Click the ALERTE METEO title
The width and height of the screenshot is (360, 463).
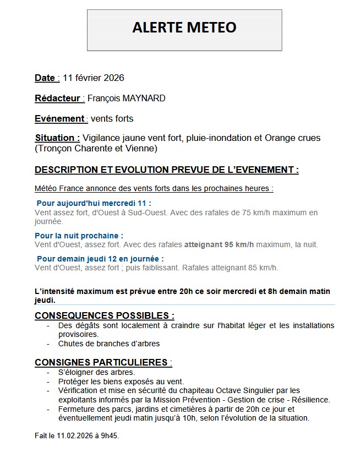pos(184,28)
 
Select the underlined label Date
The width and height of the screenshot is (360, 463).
pos(45,78)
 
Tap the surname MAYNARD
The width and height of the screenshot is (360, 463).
pos(145,99)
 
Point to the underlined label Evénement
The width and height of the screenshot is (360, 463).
pos(59,119)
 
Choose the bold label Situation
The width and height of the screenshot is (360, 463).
pos(57,138)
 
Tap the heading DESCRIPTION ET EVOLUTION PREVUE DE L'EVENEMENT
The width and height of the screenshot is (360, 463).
pos(166,170)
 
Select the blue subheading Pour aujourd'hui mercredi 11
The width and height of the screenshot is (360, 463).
pos(94,203)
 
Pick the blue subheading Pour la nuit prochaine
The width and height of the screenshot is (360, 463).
pos(79,236)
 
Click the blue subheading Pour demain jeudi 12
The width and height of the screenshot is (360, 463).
pos(100,259)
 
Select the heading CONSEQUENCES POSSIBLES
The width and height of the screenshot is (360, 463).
pos(104,315)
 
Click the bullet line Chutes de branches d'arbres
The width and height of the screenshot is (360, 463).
pos(109,344)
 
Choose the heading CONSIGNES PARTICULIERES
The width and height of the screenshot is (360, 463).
pos(103,363)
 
